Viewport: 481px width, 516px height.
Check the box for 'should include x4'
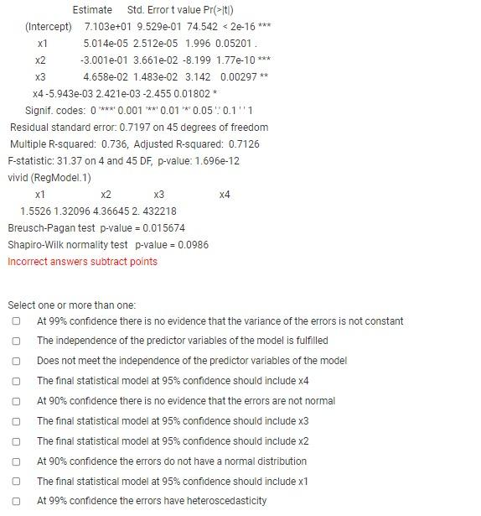point(16,381)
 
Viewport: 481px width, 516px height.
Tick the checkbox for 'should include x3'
point(16,421)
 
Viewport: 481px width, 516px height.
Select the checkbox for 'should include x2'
point(16,441)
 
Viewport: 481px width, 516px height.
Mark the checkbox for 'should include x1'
point(16,482)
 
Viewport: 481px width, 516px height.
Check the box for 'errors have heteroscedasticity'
point(16,502)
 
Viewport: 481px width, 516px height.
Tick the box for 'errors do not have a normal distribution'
point(16,461)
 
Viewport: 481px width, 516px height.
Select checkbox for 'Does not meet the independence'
point(16,361)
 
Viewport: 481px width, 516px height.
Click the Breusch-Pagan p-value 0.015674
point(163,228)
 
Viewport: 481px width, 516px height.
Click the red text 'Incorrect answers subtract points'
point(82,262)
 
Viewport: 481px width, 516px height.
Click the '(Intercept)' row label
point(49,27)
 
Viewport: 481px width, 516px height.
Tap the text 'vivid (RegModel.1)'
point(49,178)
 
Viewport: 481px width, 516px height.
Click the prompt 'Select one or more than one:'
point(71,305)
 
